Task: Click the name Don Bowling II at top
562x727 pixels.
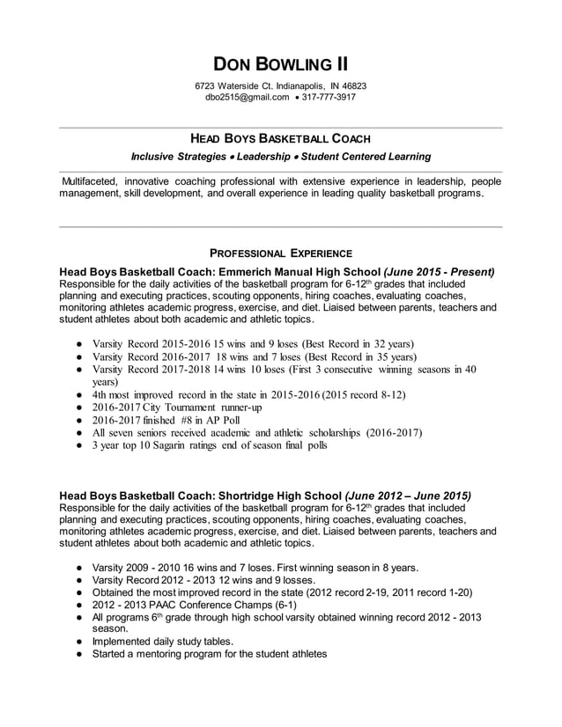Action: click(x=280, y=64)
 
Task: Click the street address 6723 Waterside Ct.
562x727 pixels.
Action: click(x=232, y=85)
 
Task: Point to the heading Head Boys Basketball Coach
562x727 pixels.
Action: click(x=280, y=139)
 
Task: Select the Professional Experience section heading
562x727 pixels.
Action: click(x=280, y=253)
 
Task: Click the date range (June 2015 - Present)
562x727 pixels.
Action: click(x=439, y=272)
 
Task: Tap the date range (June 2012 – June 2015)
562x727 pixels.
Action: click(x=408, y=495)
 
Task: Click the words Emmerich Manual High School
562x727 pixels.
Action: click(x=299, y=272)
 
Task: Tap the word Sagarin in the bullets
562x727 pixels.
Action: click(x=177, y=445)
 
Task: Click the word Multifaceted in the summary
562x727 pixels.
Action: click(x=89, y=180)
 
